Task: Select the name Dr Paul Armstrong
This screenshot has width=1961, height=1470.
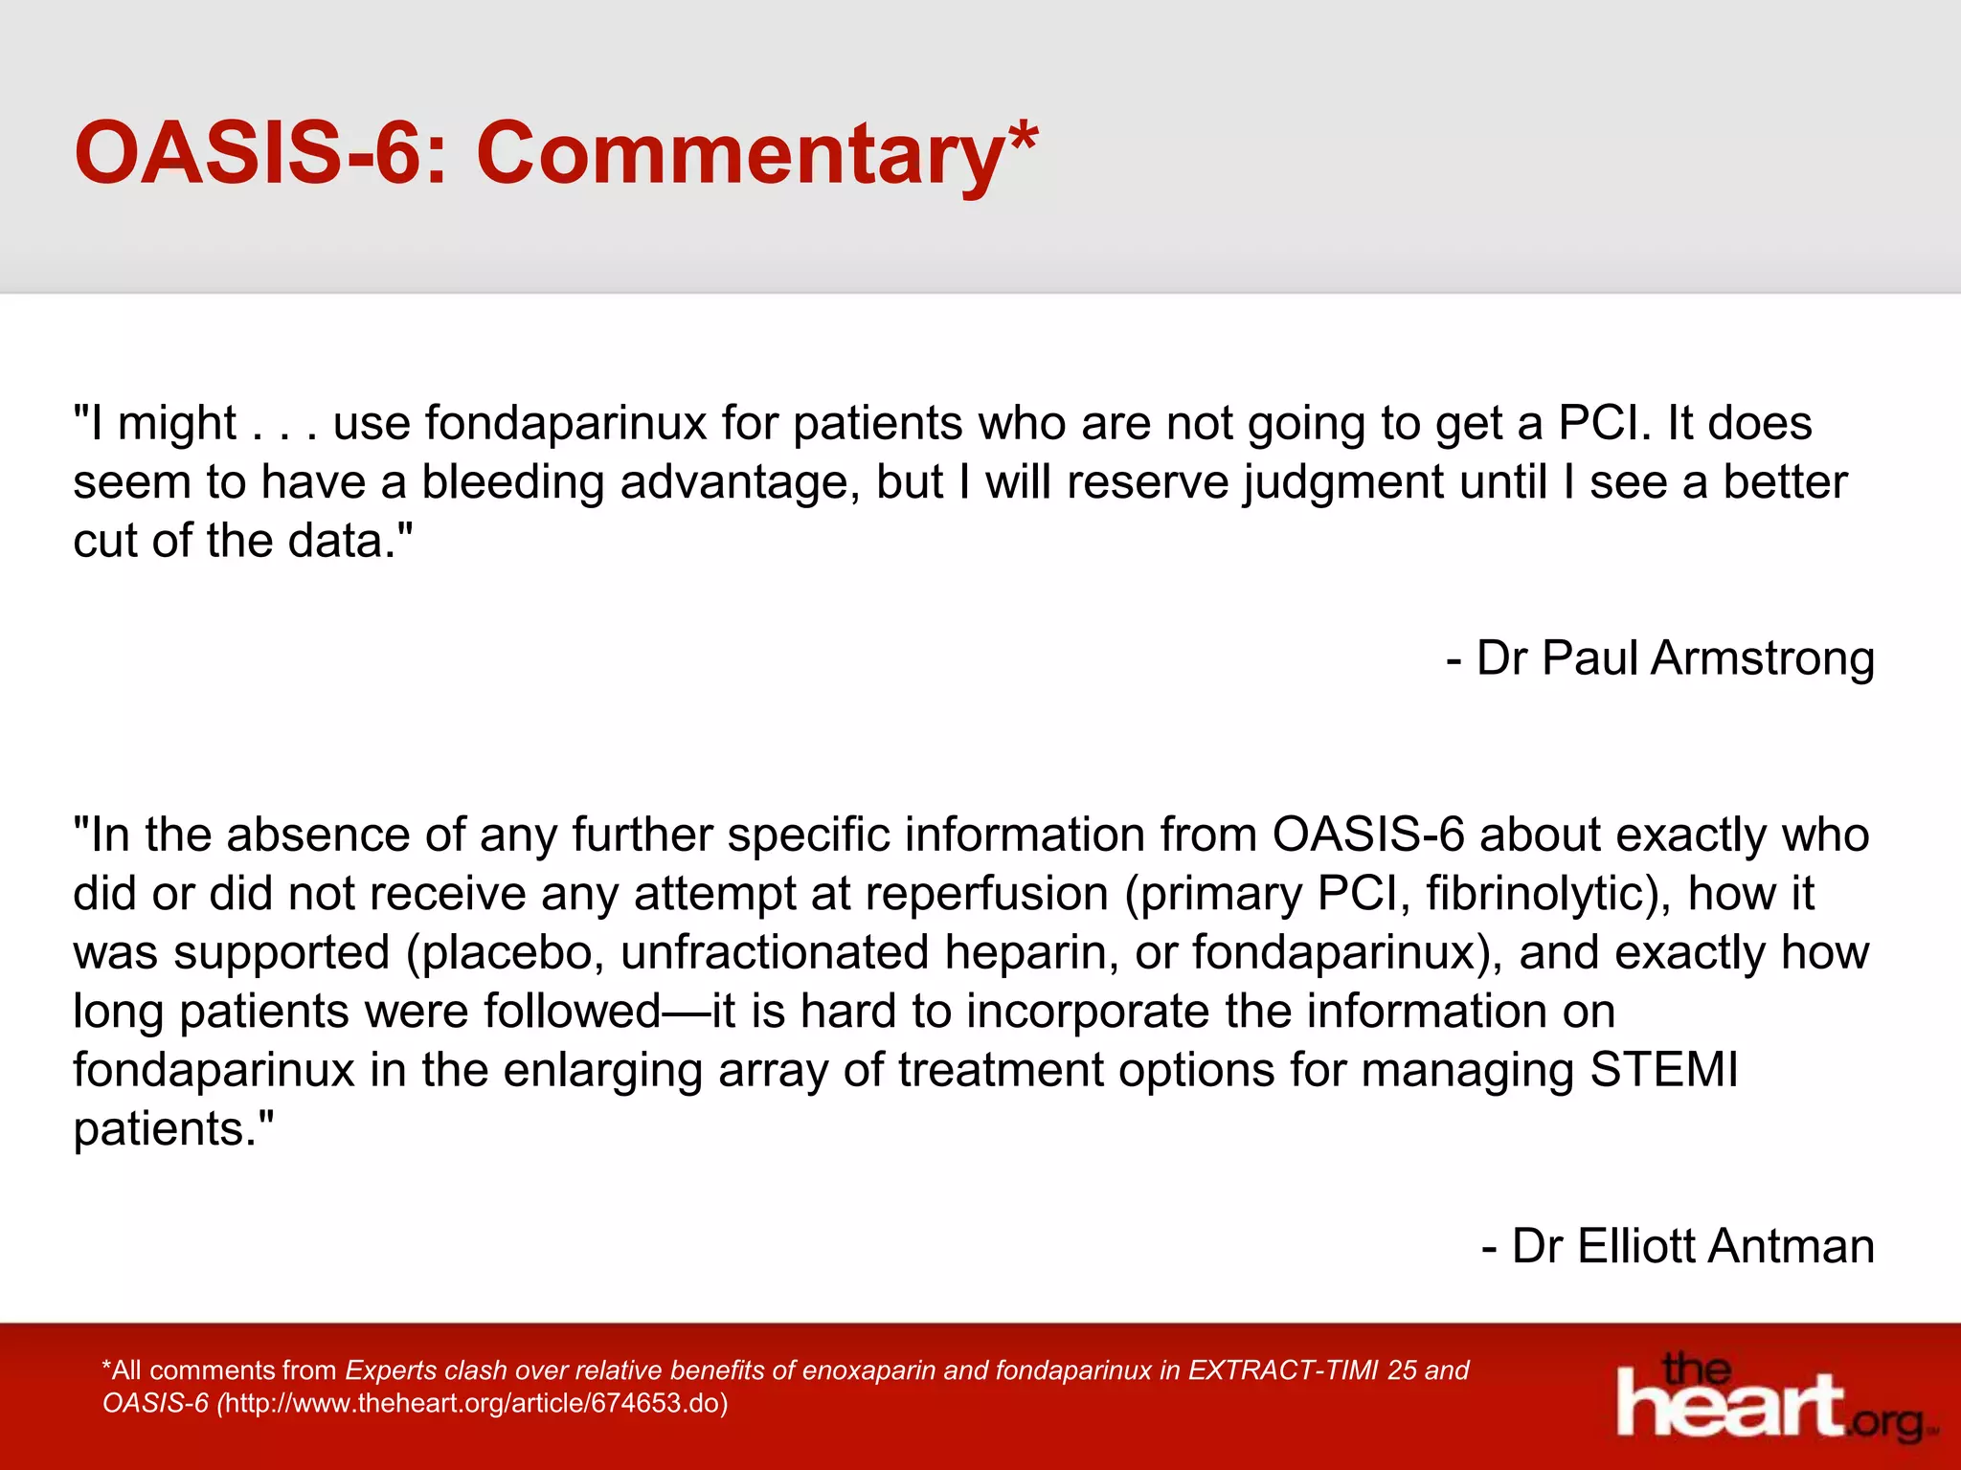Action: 1674,658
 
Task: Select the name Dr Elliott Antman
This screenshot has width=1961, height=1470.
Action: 1692,1246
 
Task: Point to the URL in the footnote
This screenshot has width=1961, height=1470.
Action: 472,1404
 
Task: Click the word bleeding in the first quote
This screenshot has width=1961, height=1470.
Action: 512,482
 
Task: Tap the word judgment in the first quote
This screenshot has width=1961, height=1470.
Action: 1344,482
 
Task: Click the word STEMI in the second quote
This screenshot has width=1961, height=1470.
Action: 1663,1070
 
